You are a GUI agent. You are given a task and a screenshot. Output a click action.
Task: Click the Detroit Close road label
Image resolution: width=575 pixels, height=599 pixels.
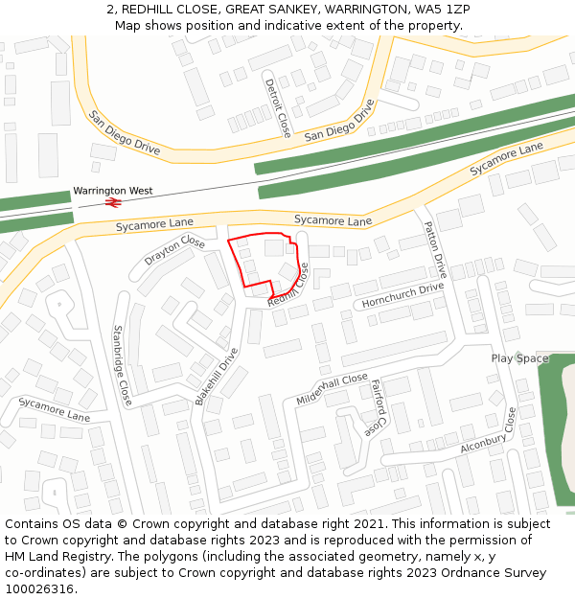(x=278, y=106)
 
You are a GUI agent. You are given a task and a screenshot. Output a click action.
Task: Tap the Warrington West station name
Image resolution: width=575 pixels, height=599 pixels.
(x=112, y=192)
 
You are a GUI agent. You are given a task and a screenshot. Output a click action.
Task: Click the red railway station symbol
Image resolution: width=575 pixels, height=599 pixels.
(x=111, y=203)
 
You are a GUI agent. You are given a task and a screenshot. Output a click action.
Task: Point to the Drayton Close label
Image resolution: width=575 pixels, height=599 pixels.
(x=174, y=251)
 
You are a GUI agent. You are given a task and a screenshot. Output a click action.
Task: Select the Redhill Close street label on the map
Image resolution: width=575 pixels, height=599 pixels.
(x=288, y=286)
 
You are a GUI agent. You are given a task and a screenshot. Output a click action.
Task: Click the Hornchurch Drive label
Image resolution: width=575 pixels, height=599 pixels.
(x=402, y=295)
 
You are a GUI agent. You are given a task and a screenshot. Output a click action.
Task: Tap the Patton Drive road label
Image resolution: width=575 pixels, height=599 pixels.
(x=436, y=250)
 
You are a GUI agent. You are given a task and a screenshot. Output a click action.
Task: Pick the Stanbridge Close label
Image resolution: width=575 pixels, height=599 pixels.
(x=122, y=364)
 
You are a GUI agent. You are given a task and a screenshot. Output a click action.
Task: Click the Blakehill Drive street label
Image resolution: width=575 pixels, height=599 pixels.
(x=217, y=376)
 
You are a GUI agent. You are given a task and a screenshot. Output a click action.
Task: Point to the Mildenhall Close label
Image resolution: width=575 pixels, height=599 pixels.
(x=333, y=387)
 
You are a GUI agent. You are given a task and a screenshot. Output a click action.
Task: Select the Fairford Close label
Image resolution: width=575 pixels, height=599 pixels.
(x=378, y=403)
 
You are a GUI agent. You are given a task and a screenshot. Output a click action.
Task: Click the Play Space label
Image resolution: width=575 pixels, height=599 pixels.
(x=519, y=358)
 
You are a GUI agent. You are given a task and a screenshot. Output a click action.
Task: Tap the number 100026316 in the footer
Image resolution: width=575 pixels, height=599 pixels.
(x=39, y=588)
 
